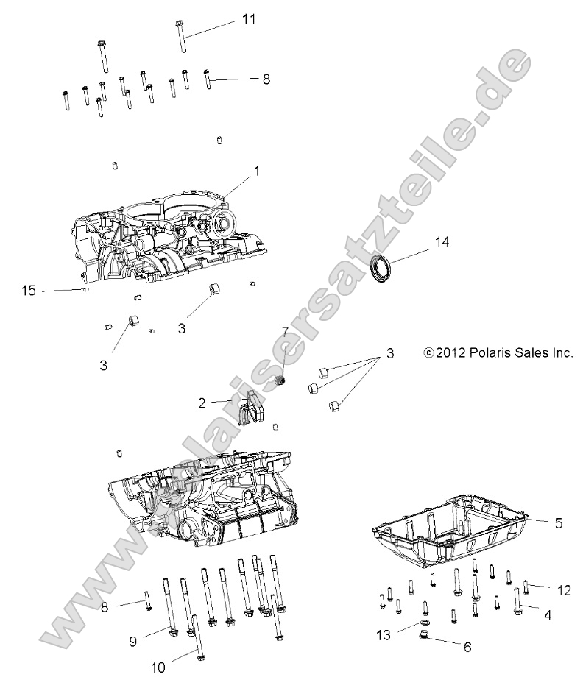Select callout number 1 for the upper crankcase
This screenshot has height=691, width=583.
click(x=257, y=170)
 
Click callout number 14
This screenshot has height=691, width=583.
click(x=442, y=241)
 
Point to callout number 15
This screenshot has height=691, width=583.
click(x=28, y=291)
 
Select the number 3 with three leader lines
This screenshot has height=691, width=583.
click(x=390, y=354)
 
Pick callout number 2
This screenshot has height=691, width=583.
click(x=201, y=403)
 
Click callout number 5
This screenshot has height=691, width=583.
click(x=559, y=523)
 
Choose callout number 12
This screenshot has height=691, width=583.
click(x=564, y=589)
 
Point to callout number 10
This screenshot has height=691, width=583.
click(x=158, y=668)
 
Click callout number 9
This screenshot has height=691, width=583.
click(x=133, y=641)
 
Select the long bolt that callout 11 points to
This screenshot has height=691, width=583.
click(x=180, y=37)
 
